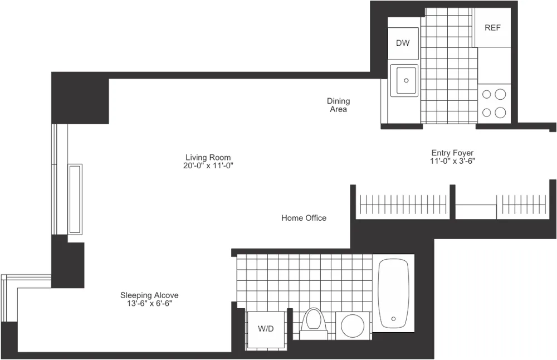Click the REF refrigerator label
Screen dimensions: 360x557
click(x=492, y=27)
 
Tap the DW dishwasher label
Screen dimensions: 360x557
click(x=403, y=43)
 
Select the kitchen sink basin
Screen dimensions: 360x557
click(x=404, y=80)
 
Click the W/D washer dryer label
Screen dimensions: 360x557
click(x=266, y=329)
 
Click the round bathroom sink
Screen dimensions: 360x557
click(x=353, y=325)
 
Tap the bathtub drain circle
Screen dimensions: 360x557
click(x=394, y=319)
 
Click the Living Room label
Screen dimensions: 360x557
click(x=208, y=157)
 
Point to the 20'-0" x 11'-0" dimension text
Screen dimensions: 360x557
click(x=208, y=166)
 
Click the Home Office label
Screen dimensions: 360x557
click(x=304, y=218)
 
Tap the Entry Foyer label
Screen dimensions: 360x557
click(x=452, y=153)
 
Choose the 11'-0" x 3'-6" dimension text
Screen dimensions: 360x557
click(x=452, y=161)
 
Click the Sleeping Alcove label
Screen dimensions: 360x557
click(x=149, y=295)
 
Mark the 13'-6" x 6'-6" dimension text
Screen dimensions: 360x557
click(x=149, y=303)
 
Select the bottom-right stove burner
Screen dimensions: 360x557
click(x=501, y=113)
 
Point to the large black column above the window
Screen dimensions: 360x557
click(x=80, y=98)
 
